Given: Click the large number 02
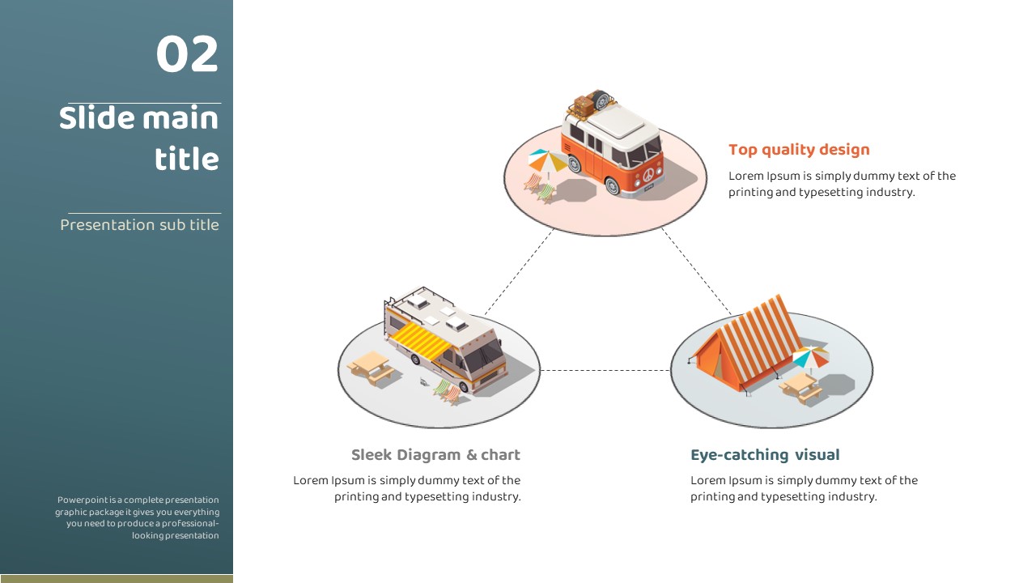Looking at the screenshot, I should tap(187, 55).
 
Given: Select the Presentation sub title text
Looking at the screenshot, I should tap(139, 225).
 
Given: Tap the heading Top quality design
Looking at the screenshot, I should tap(799, 150).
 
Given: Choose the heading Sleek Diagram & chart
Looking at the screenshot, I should tap(435, 455).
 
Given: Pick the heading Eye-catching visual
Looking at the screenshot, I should tap(765, 455).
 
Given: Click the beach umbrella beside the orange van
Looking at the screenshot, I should tap(548, 160).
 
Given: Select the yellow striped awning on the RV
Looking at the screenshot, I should tap(421, 341).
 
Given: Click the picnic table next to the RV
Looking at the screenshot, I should tap(370, 365).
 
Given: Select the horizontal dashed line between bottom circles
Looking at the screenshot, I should tap(605, 370).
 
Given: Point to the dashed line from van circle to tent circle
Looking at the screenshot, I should tap(696, 271).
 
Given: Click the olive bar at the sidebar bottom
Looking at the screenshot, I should tap(117, 578).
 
